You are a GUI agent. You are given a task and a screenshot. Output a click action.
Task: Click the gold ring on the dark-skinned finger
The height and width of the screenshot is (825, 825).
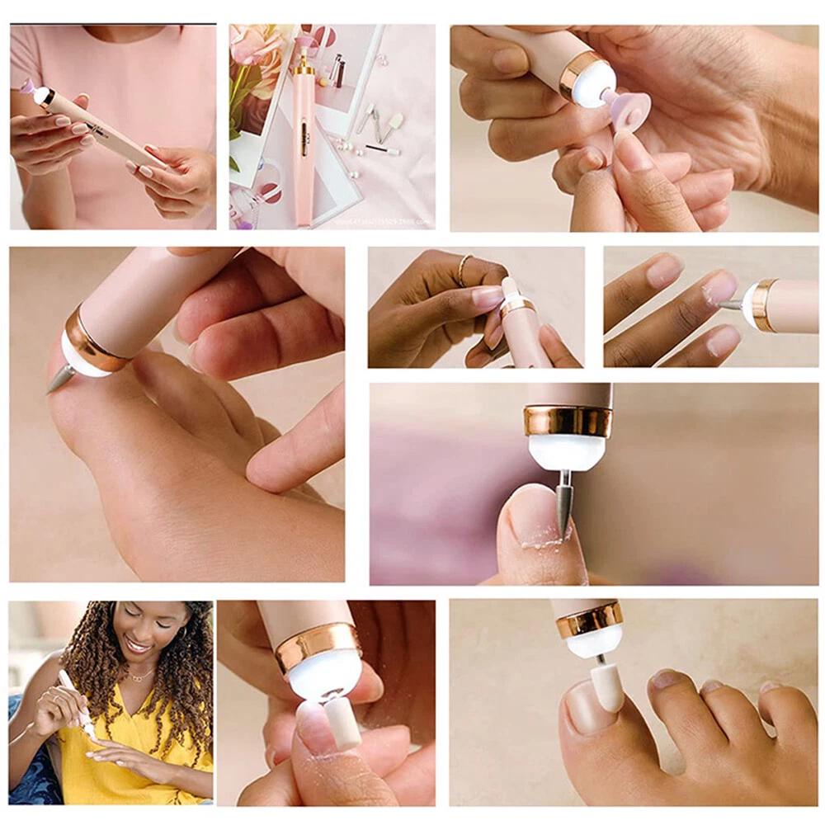click(x=464, y=269)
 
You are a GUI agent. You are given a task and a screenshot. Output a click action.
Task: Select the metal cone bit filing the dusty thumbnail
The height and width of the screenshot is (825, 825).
click(x=564, y=506)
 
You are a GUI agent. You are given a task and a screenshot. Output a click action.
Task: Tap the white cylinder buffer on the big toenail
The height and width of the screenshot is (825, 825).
click(x=607, y=686)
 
